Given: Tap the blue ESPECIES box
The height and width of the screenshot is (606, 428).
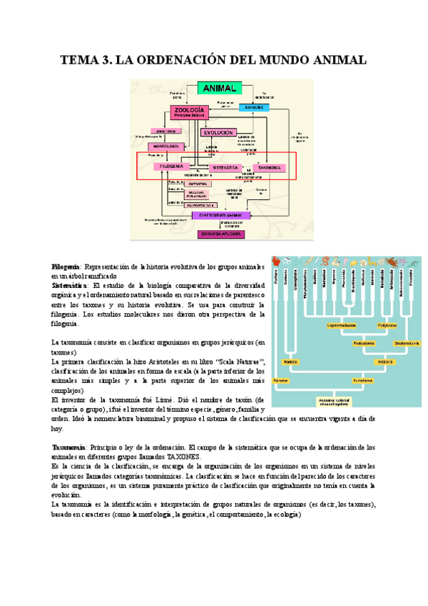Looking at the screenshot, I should (x=254, y=107).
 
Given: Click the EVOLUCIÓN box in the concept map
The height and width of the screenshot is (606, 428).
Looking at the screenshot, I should (x=218, y=133).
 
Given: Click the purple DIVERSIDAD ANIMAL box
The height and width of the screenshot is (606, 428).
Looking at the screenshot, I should (x=220, y=214).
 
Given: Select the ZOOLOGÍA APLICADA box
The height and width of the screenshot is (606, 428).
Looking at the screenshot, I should (x=220, y=234).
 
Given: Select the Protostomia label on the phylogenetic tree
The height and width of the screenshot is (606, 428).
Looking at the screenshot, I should (x=362, y=343).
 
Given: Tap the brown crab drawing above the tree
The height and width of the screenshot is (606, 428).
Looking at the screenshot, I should (x=393, y=262).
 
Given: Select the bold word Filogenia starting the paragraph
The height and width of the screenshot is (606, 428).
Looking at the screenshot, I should (x=65, y=266).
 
